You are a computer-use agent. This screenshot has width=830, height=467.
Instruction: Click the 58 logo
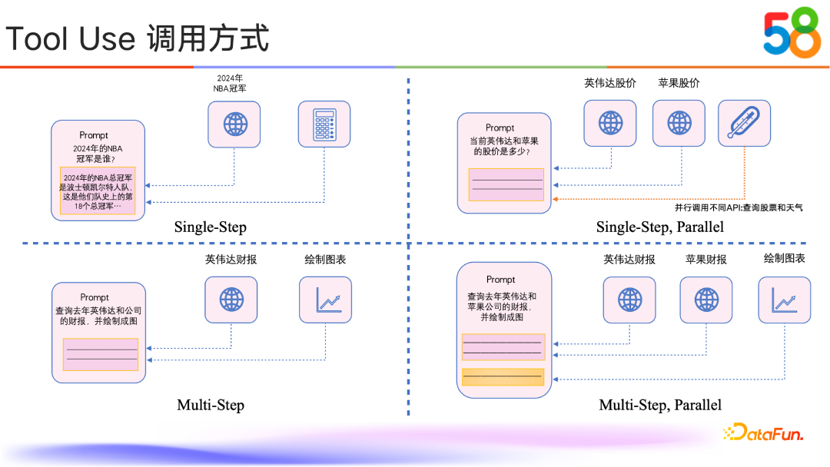point(792,35)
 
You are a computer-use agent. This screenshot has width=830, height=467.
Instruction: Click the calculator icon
point(324,124)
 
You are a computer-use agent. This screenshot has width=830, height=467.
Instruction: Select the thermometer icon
point(744,123)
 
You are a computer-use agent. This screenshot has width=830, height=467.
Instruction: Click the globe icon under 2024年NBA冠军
point(234,124)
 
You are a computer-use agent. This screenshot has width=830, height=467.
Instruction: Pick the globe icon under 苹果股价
point(679,123)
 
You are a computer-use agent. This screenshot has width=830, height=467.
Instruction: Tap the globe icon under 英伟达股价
point(610,123)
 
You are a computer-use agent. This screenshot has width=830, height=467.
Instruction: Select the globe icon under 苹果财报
point(705,300)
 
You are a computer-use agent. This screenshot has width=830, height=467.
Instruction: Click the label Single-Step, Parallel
point(659,227)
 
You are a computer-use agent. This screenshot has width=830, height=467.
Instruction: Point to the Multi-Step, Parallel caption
point(660,405)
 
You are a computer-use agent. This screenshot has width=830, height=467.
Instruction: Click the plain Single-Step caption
point(210,227)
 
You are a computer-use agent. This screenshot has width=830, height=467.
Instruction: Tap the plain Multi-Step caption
point(210,405)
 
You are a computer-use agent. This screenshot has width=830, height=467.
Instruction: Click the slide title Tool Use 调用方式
point(138,38)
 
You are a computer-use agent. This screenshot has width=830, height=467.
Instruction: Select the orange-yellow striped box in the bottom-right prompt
point(503,377)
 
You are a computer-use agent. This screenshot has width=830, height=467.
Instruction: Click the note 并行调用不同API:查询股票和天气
point(739,207)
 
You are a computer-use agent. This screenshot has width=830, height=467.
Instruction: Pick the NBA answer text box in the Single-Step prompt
point(98,190)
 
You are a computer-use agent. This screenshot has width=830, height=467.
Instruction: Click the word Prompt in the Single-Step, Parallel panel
point(500,128)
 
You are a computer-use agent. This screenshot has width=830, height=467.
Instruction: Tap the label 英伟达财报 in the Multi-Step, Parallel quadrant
point(629,260)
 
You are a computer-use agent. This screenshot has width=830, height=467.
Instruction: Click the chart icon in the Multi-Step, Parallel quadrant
point(784,300)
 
